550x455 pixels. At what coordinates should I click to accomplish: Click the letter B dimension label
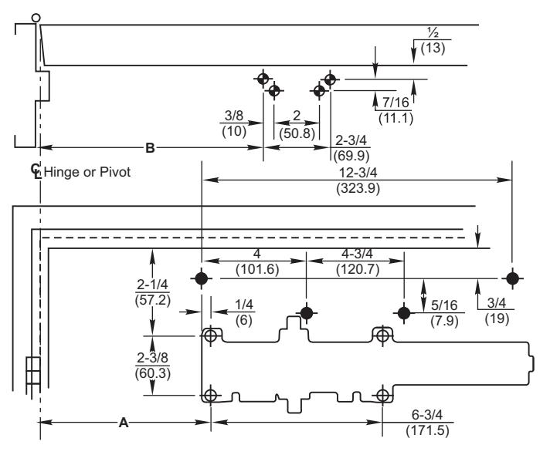click(150, 148)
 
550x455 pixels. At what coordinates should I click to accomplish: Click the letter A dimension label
click(124, 423)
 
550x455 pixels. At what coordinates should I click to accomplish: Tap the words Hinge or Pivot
click(87, 172)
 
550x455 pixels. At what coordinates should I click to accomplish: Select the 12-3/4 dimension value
click(358, 173)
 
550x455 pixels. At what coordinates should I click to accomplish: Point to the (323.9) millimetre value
click(358, 188)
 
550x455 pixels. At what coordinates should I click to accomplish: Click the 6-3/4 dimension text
click(427, 415)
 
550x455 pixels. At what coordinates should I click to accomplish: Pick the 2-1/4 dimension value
click(152, 285)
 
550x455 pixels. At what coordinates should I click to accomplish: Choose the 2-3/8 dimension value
click(152, 358)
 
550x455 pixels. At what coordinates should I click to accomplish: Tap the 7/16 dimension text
click(396, 103)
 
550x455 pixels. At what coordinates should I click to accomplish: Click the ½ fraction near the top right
click(433, 33)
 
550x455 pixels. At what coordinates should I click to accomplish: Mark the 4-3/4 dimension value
click(357, 253)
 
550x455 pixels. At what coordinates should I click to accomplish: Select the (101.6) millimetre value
click(257, 269)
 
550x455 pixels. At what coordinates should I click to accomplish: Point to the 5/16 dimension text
click(444, 305)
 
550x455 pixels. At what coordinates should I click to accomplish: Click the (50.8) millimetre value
click(297, 133)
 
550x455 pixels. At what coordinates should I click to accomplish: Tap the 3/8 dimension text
click(233, 115)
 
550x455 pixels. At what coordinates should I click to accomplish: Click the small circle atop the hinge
click(36, 18)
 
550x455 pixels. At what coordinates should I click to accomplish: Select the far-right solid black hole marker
click(512, 279)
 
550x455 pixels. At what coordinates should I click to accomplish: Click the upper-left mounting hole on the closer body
click(210, 336)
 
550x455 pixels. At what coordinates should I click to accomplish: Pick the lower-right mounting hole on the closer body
click(382, 396)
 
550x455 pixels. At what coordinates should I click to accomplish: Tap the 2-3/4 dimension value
click(351, 140)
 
